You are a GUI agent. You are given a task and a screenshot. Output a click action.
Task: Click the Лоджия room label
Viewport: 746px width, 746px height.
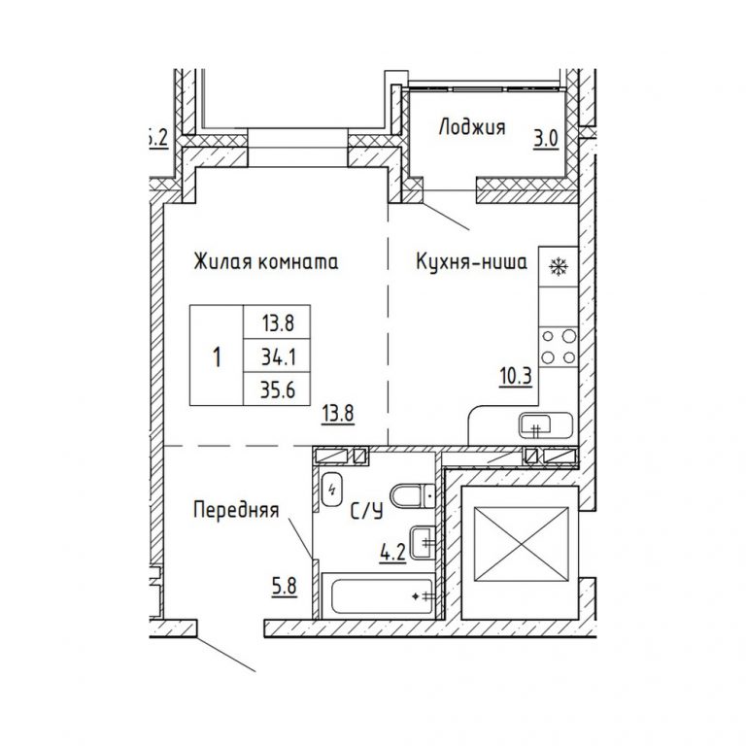[x=471, y=127]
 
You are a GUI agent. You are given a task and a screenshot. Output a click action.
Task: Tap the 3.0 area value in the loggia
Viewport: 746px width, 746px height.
[x=545, y=140]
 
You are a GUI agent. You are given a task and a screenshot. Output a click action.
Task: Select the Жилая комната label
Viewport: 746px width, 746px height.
[x=266, y=261]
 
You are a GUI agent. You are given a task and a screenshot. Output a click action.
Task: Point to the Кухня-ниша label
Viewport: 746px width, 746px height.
[x=471, y=261]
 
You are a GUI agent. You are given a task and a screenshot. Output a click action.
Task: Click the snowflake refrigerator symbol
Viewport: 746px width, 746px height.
[x=557, y=266]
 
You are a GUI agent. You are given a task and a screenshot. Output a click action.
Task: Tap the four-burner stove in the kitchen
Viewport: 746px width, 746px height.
[x=559, y=347]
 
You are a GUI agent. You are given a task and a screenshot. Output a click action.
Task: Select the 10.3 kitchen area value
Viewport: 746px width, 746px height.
[x=516, y=377]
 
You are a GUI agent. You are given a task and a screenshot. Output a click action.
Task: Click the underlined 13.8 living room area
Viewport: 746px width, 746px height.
[x=338, y=413]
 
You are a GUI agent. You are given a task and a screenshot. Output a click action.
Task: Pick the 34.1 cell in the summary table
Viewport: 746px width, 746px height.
[x=278, y=356]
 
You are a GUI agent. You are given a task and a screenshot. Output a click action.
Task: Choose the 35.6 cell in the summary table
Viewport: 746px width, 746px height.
[x=278, y=390]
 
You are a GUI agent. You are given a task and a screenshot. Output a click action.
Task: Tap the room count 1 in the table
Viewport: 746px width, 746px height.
[x=217, y=356]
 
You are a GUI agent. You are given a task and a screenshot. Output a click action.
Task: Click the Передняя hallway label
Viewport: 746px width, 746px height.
[x=236, y=510]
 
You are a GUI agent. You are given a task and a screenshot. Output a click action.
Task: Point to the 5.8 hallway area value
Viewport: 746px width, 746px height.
[x=284, y=586]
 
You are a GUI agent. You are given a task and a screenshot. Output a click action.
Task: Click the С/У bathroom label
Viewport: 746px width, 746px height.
[x=366, y=511]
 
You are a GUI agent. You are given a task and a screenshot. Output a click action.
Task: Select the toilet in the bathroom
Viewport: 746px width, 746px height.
[x=413, y=496]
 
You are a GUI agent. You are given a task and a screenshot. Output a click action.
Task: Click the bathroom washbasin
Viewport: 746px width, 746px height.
[x=423, y=542]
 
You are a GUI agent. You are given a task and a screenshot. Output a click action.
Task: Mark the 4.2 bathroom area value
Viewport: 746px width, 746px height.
[x=392, y=553]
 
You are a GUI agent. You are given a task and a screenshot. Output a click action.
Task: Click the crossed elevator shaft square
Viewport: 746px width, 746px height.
[x=522, y=544]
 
